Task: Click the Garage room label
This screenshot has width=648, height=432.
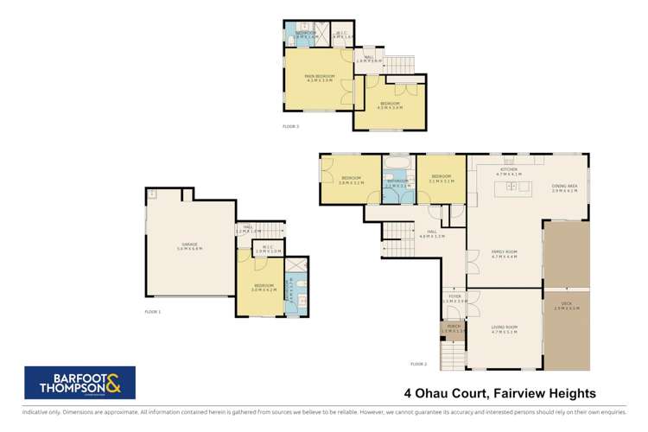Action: (x=188, y=247)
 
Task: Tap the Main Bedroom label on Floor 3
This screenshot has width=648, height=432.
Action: (x=319, y=79)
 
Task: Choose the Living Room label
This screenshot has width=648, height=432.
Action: (x=504, y=330)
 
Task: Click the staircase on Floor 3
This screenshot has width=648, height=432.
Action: (x=398, y=64)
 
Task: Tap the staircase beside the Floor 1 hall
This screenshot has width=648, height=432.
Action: (x=274, y=229)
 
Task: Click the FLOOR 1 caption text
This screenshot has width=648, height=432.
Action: (x=153, y=312)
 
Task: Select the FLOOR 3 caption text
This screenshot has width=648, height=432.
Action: (x=290, y=126)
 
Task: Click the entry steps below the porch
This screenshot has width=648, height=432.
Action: (x=453, y=353)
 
